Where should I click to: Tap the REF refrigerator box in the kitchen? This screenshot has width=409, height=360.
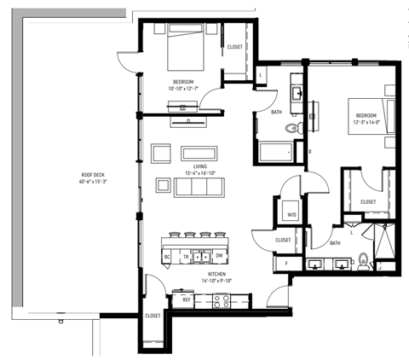(185, 299)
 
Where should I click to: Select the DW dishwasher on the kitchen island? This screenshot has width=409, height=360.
(219, 255)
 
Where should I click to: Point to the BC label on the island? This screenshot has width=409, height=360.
(168, 255)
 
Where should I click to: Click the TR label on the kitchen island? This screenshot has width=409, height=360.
(184, 255)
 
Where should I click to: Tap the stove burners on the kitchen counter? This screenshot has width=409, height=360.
(221, 300)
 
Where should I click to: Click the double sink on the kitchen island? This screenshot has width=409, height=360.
(201, 255)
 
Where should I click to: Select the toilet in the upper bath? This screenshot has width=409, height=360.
(291, 129)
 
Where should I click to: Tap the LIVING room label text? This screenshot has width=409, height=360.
(199, 166)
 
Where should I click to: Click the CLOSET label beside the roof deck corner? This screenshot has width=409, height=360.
(153, 316)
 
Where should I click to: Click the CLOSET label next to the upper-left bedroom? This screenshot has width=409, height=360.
(235, 46)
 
